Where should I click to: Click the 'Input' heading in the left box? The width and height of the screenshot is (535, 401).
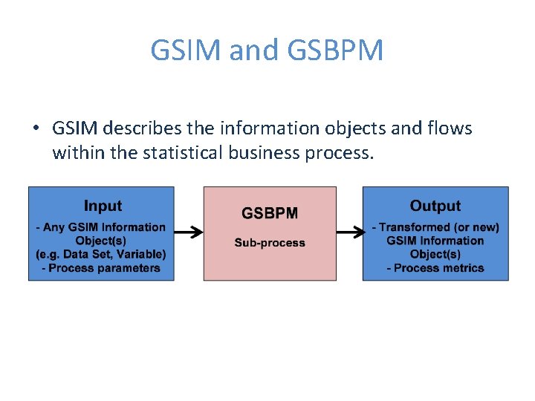click(103, 206)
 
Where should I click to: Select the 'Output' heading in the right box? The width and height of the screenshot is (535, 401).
click(435, 206)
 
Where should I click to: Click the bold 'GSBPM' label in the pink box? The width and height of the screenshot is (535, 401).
click(270, 213)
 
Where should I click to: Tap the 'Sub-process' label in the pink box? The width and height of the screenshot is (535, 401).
click(270, 242)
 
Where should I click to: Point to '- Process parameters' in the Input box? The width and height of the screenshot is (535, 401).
click(101, 267)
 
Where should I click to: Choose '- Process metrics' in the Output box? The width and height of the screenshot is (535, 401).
click(435, 267)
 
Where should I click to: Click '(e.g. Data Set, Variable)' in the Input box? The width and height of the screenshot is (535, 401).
click(101, 254)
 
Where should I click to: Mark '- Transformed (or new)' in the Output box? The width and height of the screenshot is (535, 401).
click(435, 227)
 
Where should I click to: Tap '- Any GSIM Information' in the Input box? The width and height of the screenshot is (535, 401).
click(101, 227)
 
